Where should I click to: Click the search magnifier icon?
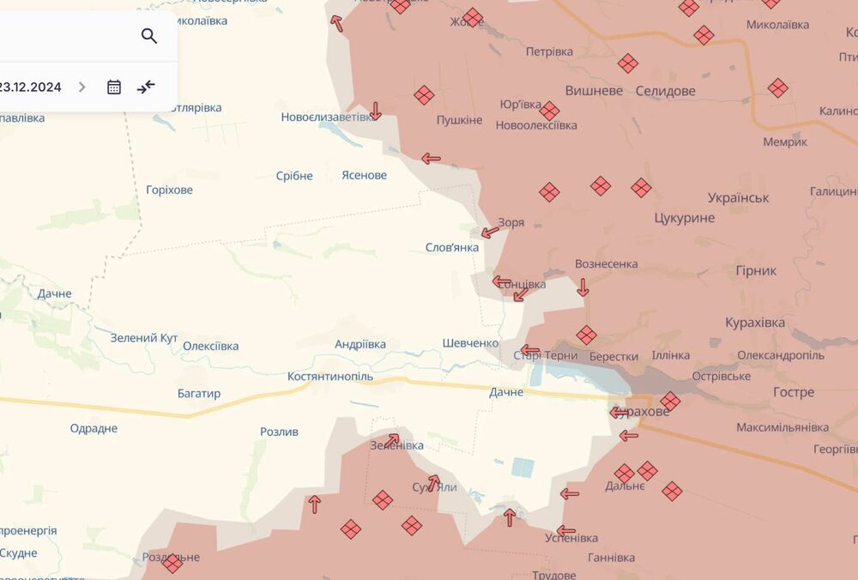pos(149,36)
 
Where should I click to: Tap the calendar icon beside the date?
pos(114,87)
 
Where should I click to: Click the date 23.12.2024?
pos(31,87)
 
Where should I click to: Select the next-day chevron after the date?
pos(82,87)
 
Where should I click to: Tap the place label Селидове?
pos(665,91)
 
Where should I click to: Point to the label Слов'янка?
pos(452,247)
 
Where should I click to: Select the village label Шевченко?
pos(470,343)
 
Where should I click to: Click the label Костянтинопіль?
pos(330,377)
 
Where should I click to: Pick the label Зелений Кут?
pos(144,338)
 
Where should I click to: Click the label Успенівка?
pos(571,538)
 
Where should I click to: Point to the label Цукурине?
pos(684,218)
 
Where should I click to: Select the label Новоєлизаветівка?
pos(329,117)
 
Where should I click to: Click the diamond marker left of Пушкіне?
pos(424,95)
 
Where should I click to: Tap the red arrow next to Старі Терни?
pos(530,350)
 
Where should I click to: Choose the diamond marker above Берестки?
pos(586,335)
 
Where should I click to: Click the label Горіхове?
pos(169,190)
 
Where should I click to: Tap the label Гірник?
pos(756,270)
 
